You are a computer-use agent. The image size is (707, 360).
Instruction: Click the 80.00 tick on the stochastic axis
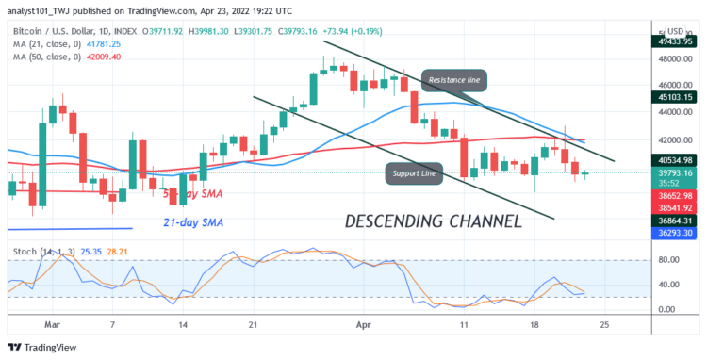point(668,259)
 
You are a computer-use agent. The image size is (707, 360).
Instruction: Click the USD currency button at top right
point(678,31)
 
